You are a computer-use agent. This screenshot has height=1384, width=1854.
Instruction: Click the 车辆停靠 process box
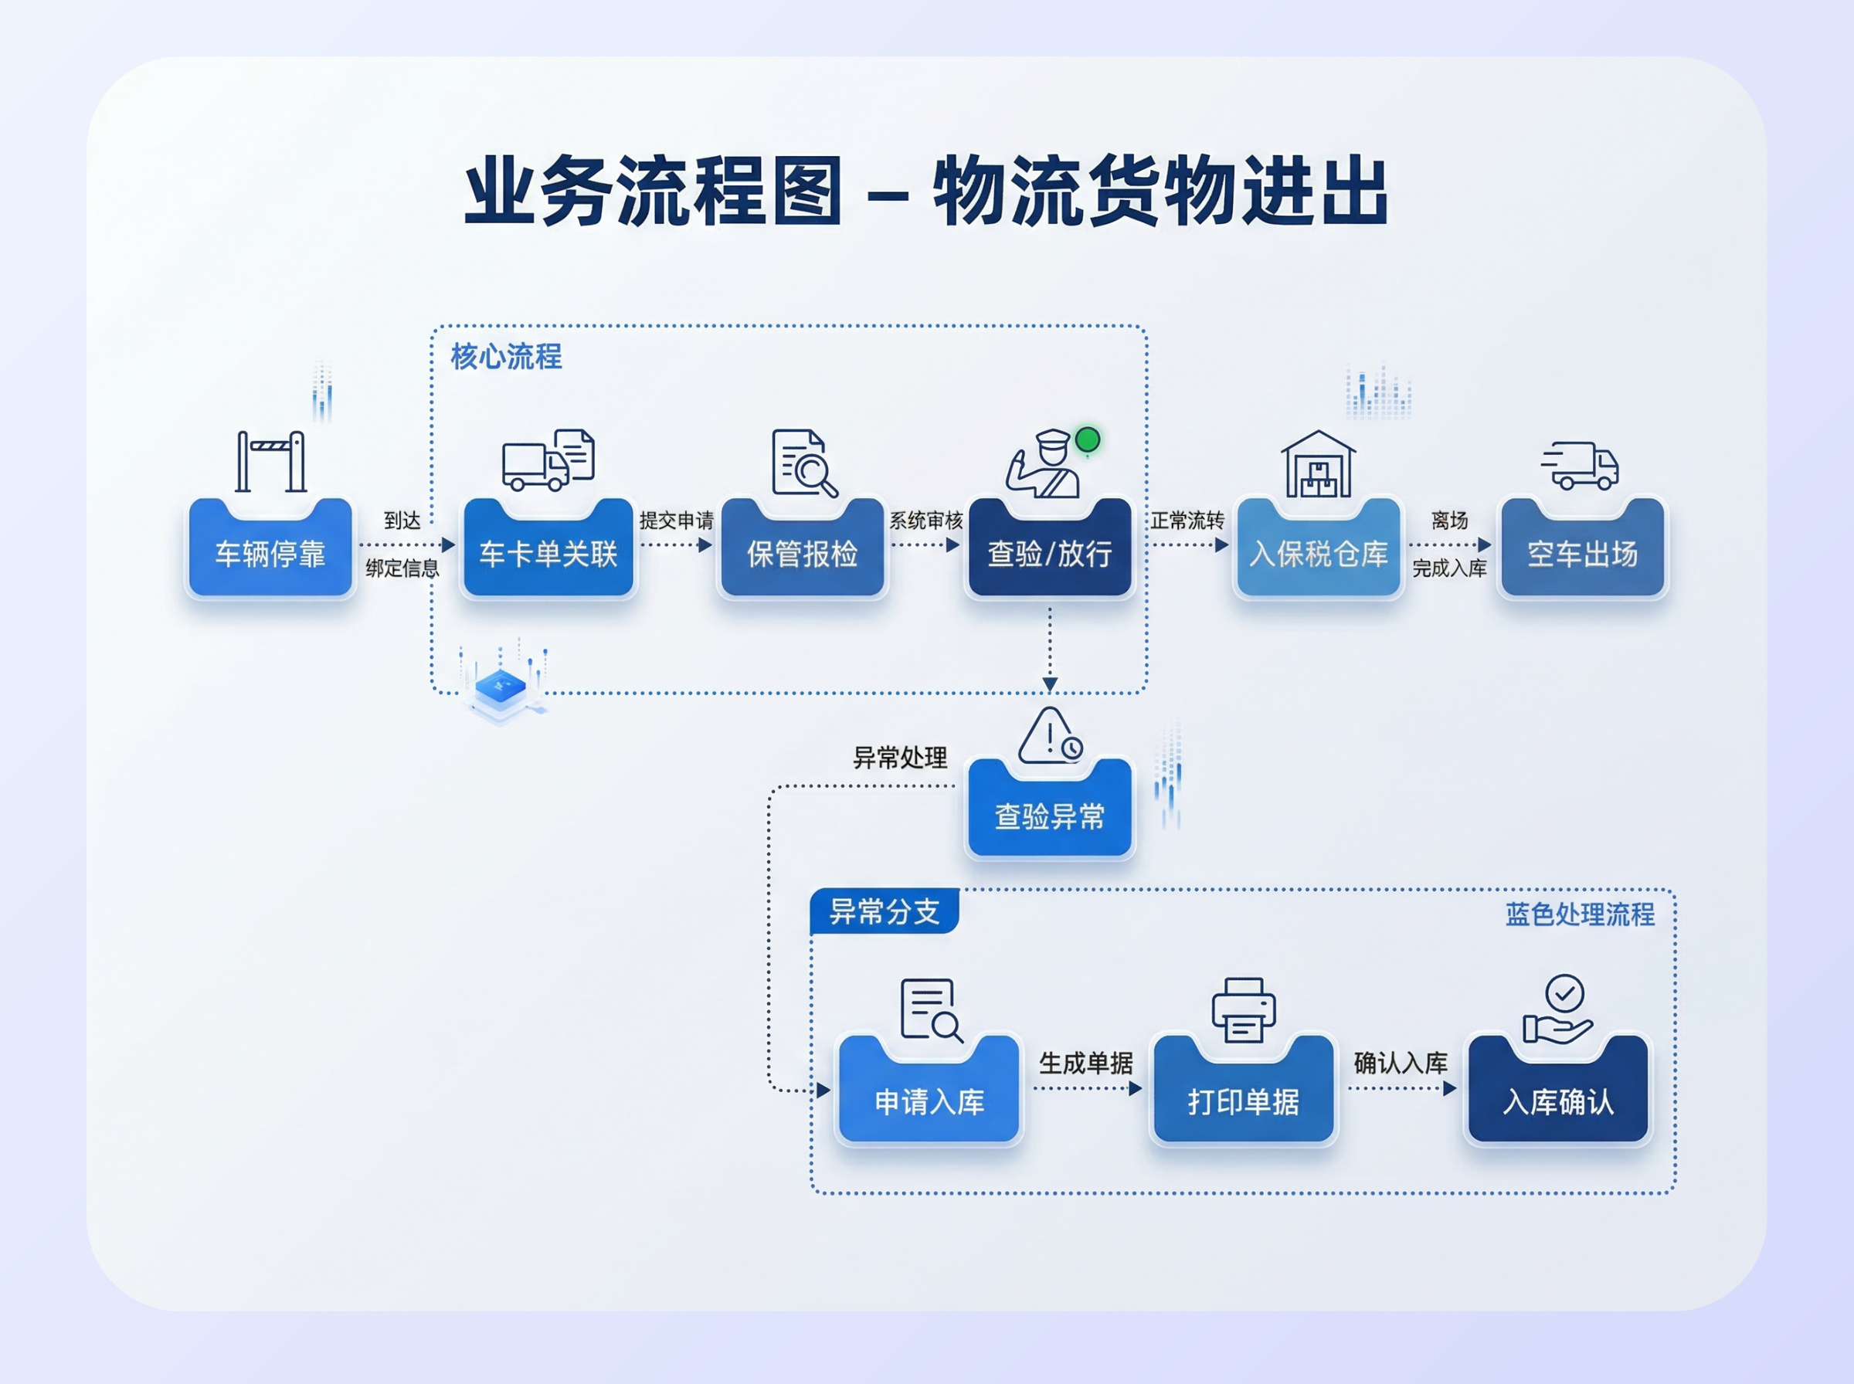click(x=270, y=553)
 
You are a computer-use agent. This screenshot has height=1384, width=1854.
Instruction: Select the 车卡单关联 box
click(x=548, y=553)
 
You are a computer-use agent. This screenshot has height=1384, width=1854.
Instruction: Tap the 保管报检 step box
click(x=802, y=553)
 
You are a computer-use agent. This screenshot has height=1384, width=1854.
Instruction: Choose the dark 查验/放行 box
click(x=1050, y=553)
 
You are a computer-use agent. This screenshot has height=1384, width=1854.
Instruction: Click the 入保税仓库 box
click(x=1319, y=553)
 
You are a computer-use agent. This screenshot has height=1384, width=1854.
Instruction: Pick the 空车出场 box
click(x=1582, y=553)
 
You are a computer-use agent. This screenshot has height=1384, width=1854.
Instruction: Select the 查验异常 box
click(x=1050, y=815)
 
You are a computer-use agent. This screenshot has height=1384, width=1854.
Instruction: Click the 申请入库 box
click(x=929, y=1100)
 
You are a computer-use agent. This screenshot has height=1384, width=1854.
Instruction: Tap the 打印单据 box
click(x=1243, y=1100)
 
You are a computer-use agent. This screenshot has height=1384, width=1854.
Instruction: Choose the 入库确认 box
click(x=1558, y=1100)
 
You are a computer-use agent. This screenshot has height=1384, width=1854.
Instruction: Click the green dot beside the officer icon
click(x=1088, y=439)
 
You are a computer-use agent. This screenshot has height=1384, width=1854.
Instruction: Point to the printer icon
click(x=1243, y=1009)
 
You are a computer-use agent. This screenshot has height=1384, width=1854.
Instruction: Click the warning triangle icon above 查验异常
click(x=1048, y=736)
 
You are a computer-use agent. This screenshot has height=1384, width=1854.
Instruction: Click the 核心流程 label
click(x=506, y=357)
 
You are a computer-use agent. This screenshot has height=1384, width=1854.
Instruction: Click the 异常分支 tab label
click(x=884, y=911)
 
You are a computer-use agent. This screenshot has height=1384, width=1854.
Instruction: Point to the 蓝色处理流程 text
click(x=1579, y=914)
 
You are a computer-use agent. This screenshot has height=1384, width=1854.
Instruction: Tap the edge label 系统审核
click(x=925, y=521)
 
